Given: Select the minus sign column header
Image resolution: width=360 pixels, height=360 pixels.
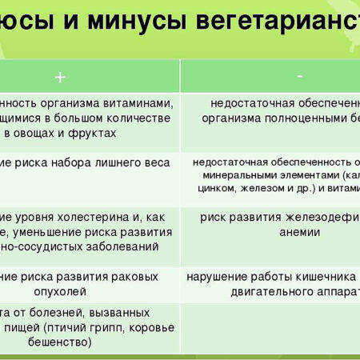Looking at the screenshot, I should pyautogui.click(x=299, y=75).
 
